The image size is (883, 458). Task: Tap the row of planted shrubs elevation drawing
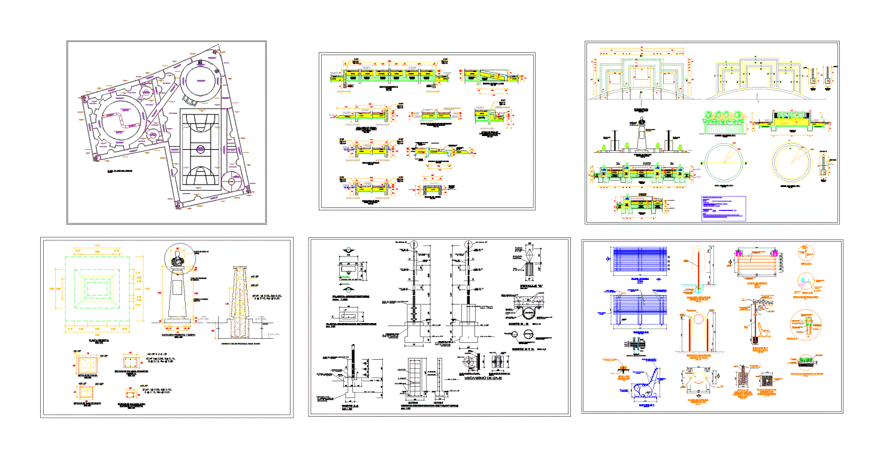(724, 120)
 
